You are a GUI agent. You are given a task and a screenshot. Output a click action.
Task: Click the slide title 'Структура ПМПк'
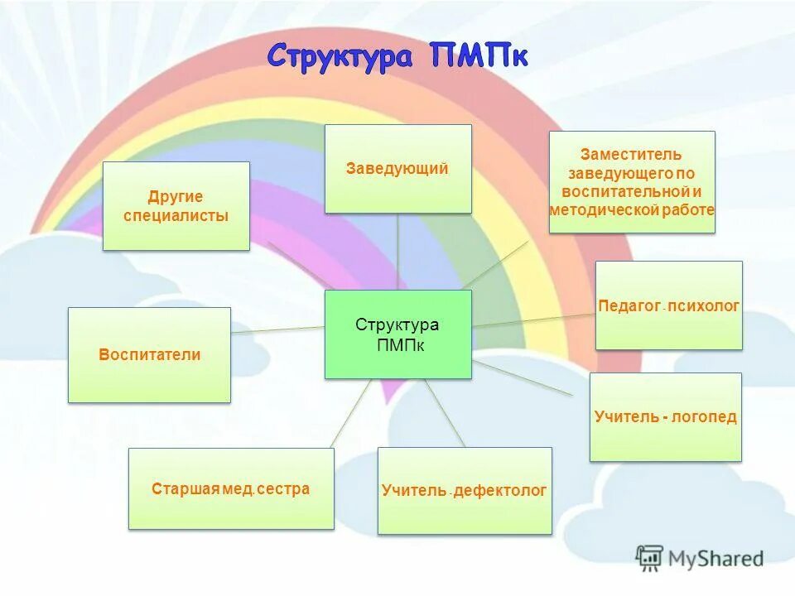pyautogui.click(x=397, y=58)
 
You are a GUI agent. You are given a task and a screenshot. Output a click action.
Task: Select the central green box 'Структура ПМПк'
pyautogui.click(x=397, y=334)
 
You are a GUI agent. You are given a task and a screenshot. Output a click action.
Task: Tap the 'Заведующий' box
pyautogui.click(x=397, y=169)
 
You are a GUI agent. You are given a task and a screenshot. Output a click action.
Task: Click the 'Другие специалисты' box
pyautogui.click(x=176, y=206)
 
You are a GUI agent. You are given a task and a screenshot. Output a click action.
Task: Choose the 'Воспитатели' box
pyautogui.click(x=149, y=355)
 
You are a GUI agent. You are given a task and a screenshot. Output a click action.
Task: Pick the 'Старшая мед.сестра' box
pyautogui.click(x=231, y=488)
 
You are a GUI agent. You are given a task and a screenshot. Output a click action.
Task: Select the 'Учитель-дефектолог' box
pyautogui.click(x=465, y=491)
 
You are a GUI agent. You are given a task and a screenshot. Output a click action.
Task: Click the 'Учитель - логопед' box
pyautogui.click(x=665, y=417)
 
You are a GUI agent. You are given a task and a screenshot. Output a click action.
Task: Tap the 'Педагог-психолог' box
pyautogui.click(x=668, y=305)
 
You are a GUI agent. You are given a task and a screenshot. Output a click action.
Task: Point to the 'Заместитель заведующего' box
pyautogui.click(x=632, y=182)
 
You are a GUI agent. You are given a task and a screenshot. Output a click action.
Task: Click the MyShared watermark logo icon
pyautogui.click(x=650, y=558)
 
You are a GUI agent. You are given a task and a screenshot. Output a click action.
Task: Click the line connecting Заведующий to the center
pyautogui.click(x=397, y=252)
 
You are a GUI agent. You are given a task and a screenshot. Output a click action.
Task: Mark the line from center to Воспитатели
pyautogui.click(x=277, y=329)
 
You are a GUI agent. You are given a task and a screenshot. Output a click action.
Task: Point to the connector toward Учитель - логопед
pyautogui.click(x=522, y=377)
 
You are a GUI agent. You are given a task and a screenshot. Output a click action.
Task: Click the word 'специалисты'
pyautogui.click(x=176, y=215)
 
